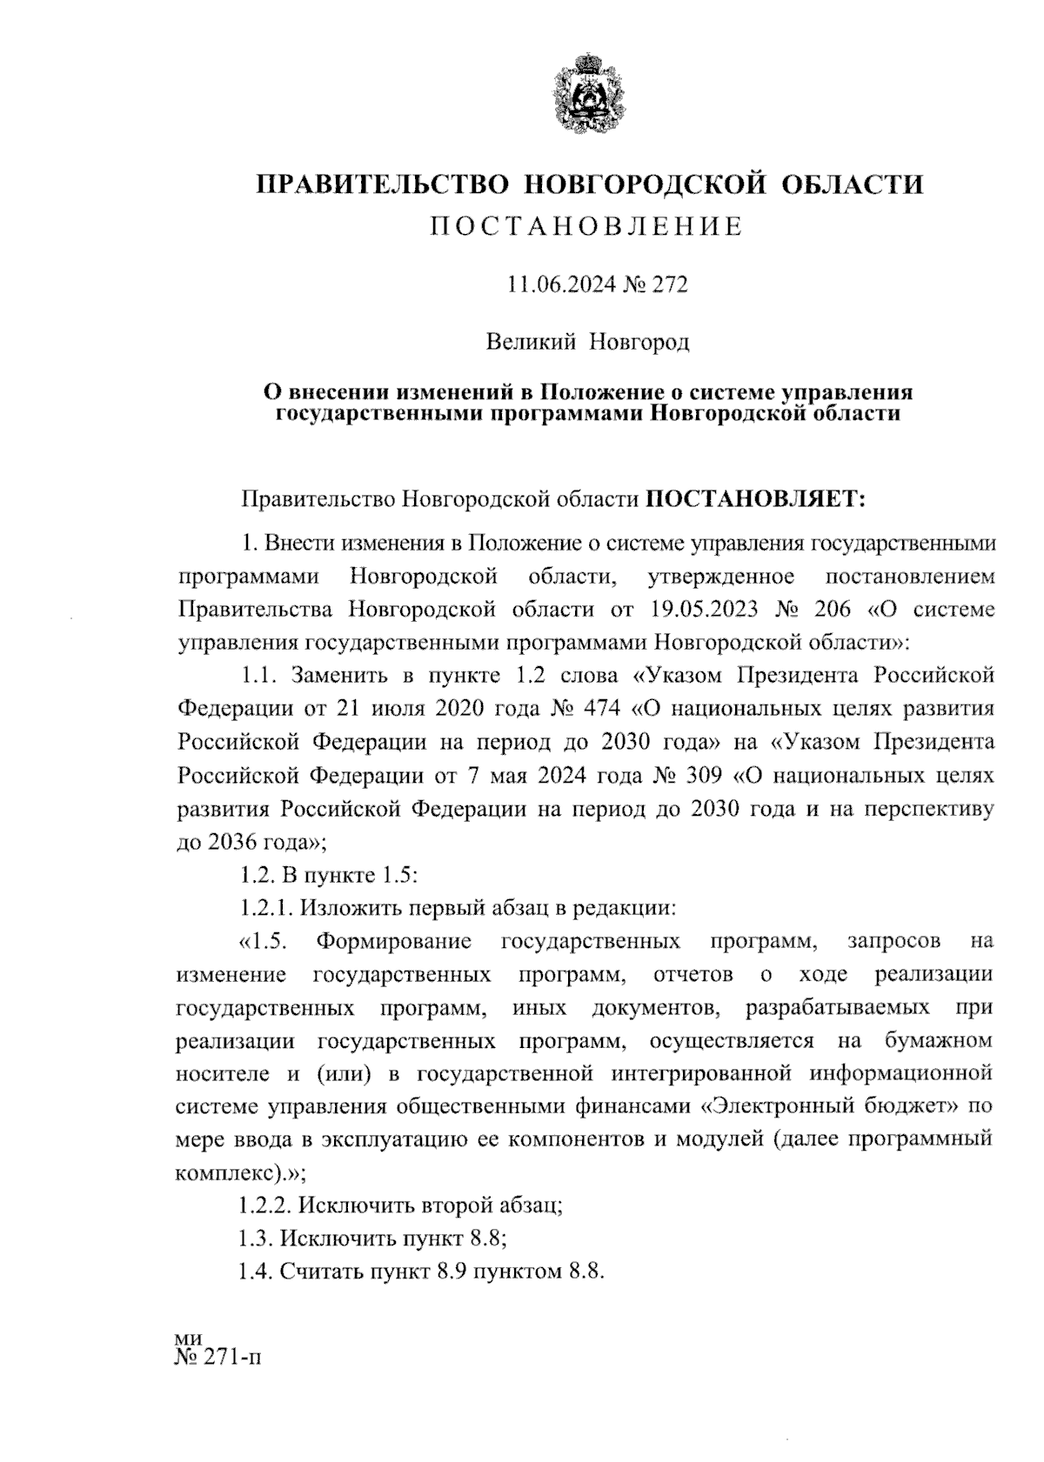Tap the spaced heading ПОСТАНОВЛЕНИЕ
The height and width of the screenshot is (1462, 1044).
[x=588, y=228]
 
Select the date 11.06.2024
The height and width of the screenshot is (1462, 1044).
[x=552, y=284]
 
